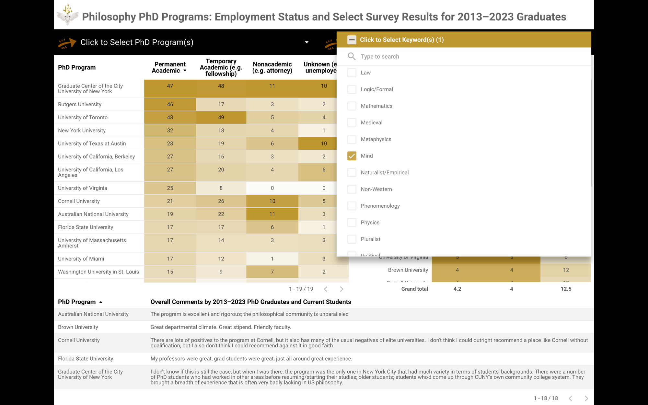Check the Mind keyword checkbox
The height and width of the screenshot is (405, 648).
(352, 156)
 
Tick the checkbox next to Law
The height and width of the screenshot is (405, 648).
(352, 73)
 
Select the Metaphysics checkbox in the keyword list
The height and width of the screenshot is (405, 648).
(352, 139)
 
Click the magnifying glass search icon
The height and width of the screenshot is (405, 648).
(352, 56)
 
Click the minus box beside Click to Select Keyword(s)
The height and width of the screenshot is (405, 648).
(352, 40)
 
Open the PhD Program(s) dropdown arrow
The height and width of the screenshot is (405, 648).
(307, 42)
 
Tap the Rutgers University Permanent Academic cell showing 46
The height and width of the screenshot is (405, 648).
(170, 104)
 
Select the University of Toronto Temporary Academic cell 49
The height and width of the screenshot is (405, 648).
(221, 117)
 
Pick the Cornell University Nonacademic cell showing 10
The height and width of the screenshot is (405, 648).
(272, 201)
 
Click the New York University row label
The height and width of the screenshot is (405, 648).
(82, 131)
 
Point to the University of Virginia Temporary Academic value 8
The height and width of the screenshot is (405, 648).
(221, 188)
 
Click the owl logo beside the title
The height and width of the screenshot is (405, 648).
(67, 16)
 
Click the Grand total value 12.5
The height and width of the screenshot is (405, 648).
(566, 289)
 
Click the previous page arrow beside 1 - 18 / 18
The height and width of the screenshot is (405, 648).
(570, 398)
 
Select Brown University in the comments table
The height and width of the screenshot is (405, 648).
(78, 327)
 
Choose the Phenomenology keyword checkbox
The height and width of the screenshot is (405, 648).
(352, 206)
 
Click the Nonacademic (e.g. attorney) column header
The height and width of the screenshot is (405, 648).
(272, 67)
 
